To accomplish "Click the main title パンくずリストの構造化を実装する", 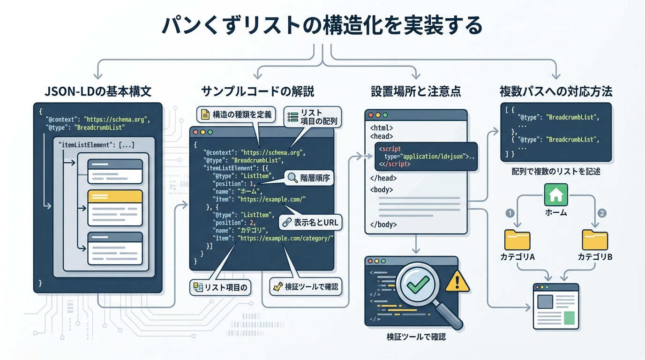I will [x=322, y=26].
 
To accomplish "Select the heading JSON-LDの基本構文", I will [x=98, y=91].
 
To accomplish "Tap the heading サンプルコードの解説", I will [x=257, y=91].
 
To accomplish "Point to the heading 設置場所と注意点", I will [x=416, y=91].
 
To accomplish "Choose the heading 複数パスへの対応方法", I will [x=556, y=91].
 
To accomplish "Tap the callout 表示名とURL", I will [x=311, y=223].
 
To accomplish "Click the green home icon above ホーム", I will [x=556, y=195].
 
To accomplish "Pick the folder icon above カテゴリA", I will [x=517, y=240].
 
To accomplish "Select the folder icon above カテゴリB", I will [x=595, y=240].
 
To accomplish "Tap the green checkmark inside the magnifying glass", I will [x=418, y=283].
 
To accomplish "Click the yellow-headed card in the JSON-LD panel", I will [x=115, y=204].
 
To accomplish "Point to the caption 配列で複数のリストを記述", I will [x=556, y=172].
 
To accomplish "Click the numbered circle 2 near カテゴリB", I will [x=602, y=213].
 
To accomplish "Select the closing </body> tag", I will [x=383, y=224].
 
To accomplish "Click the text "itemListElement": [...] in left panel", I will [x=97, y=145].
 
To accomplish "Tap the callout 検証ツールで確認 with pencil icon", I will [x=306, y=286].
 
